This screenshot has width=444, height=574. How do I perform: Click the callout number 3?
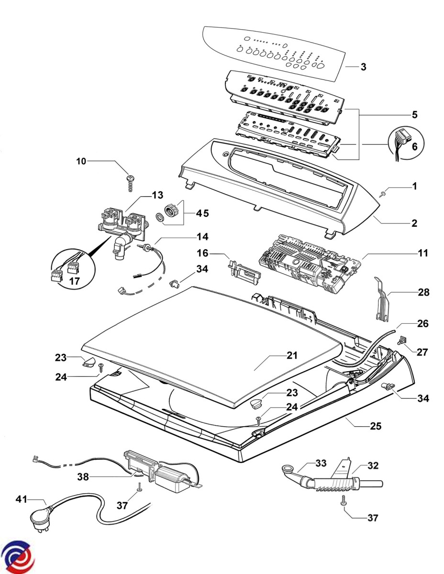point(363,67)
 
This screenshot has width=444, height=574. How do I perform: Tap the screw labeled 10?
point(129,182)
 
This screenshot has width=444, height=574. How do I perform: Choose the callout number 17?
point(74,282)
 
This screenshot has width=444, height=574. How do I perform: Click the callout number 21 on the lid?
point(292,355)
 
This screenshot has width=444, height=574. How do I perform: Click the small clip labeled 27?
point(402,340)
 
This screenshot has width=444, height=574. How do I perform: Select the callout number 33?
point(320,463)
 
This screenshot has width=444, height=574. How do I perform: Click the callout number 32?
point(373,464)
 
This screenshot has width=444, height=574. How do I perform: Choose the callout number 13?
point(157,195)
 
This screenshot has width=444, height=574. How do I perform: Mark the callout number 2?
point(414,223)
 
